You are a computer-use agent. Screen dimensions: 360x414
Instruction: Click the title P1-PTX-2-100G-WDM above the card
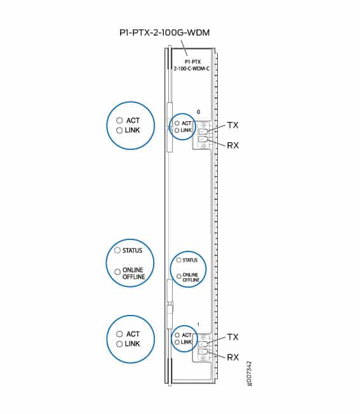(164, 32)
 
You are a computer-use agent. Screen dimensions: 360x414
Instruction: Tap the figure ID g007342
(250, 373)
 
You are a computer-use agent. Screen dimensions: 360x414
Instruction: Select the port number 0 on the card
(199, 112)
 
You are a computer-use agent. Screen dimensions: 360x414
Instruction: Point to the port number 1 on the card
(199, 324)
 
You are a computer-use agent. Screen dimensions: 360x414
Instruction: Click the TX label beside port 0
(232, 125)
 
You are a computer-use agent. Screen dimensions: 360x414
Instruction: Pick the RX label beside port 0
(233, 145)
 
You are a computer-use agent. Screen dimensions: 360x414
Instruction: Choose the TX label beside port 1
(232, 337)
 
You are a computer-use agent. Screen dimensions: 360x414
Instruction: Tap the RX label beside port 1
(233, 357)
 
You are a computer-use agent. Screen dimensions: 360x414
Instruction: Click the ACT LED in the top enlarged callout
(119, 121)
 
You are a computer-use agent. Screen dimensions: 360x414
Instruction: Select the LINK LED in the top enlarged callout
(119, 130)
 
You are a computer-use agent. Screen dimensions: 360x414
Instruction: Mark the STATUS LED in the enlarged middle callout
(117, 250)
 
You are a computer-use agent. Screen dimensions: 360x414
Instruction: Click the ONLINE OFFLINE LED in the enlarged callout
(117, 272)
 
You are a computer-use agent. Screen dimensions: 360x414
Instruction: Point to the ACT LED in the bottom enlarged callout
(119, 334)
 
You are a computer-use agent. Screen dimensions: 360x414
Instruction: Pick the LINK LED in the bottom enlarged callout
(119, 344)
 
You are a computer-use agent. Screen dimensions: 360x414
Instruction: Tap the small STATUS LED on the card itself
(178, 260)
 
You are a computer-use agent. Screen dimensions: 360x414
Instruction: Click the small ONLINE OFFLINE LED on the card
(178, 276)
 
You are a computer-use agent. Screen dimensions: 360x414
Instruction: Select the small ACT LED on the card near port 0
(177, 123)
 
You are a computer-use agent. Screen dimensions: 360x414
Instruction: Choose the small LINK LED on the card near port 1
(177, 342)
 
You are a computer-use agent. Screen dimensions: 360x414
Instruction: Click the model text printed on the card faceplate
(192, 65)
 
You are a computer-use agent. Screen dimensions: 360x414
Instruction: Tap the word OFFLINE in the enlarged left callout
(134, 277)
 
